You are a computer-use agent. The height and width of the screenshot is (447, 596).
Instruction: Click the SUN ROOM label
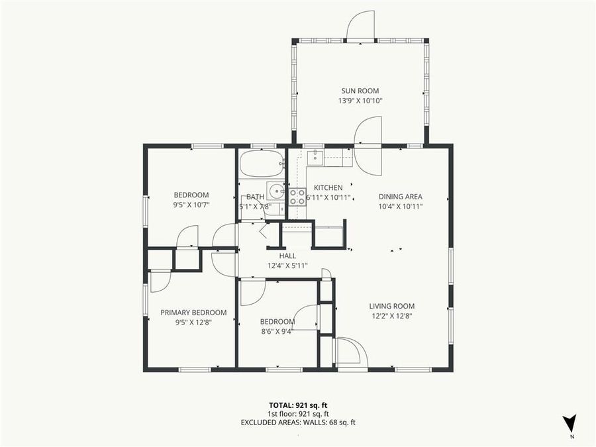coord(360,91)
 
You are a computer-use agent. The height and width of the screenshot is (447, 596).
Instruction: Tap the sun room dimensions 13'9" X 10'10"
coord(360,101)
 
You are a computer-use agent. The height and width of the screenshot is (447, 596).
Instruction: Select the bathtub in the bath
coord(262,164)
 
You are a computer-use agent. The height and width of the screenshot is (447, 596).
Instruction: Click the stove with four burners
coord(297,196)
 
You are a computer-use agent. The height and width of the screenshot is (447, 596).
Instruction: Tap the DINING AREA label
coord(400,196)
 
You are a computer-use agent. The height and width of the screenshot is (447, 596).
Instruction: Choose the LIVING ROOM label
coord(392,306)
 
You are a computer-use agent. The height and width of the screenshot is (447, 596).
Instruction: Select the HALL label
coord(287,256)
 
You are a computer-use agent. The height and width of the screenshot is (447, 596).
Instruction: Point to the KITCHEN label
coord(328,187)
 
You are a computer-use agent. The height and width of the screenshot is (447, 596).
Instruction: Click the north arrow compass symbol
coord(569,423)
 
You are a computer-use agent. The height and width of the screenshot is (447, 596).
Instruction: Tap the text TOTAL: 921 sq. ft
coord(297,405)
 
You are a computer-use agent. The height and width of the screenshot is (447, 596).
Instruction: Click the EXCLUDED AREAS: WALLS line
coord(297,422)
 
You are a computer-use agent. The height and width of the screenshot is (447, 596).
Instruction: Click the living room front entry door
coord(348,352)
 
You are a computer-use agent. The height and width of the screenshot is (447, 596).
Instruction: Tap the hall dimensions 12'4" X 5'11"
coord(287,266)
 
